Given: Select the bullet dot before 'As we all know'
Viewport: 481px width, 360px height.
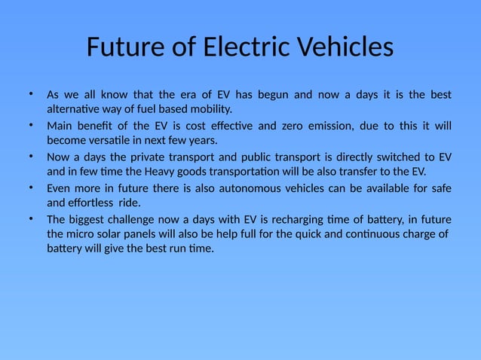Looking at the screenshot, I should pos(31,94).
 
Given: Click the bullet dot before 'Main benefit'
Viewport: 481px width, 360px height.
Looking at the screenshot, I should pos(31,125).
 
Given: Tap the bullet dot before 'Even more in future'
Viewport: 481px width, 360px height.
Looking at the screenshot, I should pos(31,187).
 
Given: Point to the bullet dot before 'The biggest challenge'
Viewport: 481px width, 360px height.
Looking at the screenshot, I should pos(31,218).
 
